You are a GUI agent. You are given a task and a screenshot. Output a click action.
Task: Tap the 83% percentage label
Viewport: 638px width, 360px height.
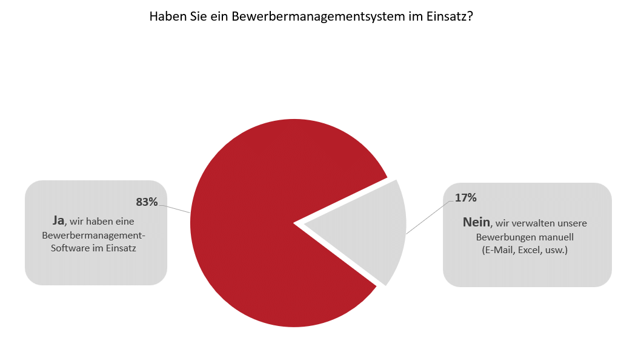[x=147, y=202]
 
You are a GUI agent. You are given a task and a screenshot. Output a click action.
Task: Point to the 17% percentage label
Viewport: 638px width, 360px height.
[x=465, y=198]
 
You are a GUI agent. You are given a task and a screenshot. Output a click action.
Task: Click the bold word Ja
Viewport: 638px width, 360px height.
[x=58, y=220]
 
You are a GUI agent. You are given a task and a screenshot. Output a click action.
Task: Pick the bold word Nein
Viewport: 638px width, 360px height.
[x=476, y=222]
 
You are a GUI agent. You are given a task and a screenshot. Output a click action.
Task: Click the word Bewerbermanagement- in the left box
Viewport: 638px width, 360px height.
[x=93, y=235]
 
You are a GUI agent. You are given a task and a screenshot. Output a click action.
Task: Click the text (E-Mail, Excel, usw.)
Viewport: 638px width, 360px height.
[x=525, y=250]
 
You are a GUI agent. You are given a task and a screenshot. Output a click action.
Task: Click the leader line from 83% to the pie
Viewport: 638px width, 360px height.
[x=174, y=209]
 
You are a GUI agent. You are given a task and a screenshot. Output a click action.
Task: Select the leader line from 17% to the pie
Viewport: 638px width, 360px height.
[x=429, y=217]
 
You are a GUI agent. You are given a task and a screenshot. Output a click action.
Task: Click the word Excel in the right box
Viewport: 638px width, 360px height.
[x=529, y=250]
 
